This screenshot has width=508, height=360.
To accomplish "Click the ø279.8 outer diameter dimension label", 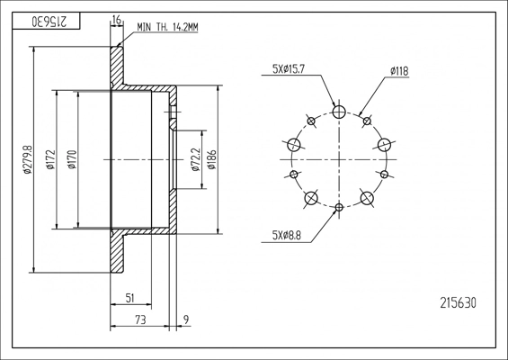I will click(28, 160).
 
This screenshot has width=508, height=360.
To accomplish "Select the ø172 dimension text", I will click(51, 160).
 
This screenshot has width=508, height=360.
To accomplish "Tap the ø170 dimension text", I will click(71, 160).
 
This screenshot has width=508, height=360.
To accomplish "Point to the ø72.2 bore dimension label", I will click(195, 160).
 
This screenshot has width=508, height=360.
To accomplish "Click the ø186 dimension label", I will click(212, 160).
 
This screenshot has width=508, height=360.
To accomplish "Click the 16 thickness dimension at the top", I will click(116, 19).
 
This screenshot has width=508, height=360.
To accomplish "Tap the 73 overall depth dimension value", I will click(140, 318).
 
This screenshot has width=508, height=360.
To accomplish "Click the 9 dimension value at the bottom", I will click(185, 318).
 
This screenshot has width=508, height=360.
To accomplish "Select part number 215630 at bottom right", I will click(457, 303).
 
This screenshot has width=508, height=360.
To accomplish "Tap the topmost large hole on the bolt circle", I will click(338, 112).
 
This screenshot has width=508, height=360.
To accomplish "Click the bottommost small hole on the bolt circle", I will click(338, 208).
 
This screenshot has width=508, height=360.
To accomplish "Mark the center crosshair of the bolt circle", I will click(338, 160).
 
